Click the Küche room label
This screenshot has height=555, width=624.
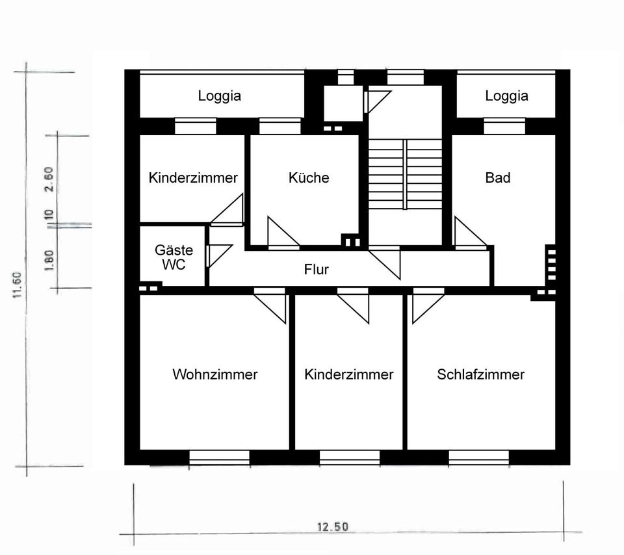[x=309, y=177]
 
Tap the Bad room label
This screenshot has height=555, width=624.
[x=498, y=177]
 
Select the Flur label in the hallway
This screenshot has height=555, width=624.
[x=317, y=269]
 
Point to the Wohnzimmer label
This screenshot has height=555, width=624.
[x=214, y=374]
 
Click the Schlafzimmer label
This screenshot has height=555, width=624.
[x=480, y=374]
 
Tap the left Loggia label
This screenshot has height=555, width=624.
[x=219, y=96]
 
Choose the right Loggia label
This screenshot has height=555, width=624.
[x=506, y=96]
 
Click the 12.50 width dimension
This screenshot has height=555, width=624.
[x=332, y=526]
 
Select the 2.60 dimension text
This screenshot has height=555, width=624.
[x=49, y=181]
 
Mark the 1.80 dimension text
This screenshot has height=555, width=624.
[x=49, y=259]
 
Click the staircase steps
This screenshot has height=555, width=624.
[x=406, y=174]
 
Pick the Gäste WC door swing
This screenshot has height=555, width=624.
[x=217, y=254]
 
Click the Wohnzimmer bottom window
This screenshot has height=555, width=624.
[x=219, y=459]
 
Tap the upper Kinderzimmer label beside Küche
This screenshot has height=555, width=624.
[x=193, y=177]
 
